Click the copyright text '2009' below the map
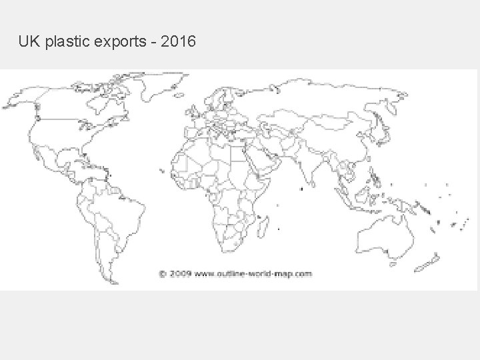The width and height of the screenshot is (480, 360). (x=180, y=273)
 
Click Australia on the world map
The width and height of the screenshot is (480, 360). (x=381, y=237)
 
